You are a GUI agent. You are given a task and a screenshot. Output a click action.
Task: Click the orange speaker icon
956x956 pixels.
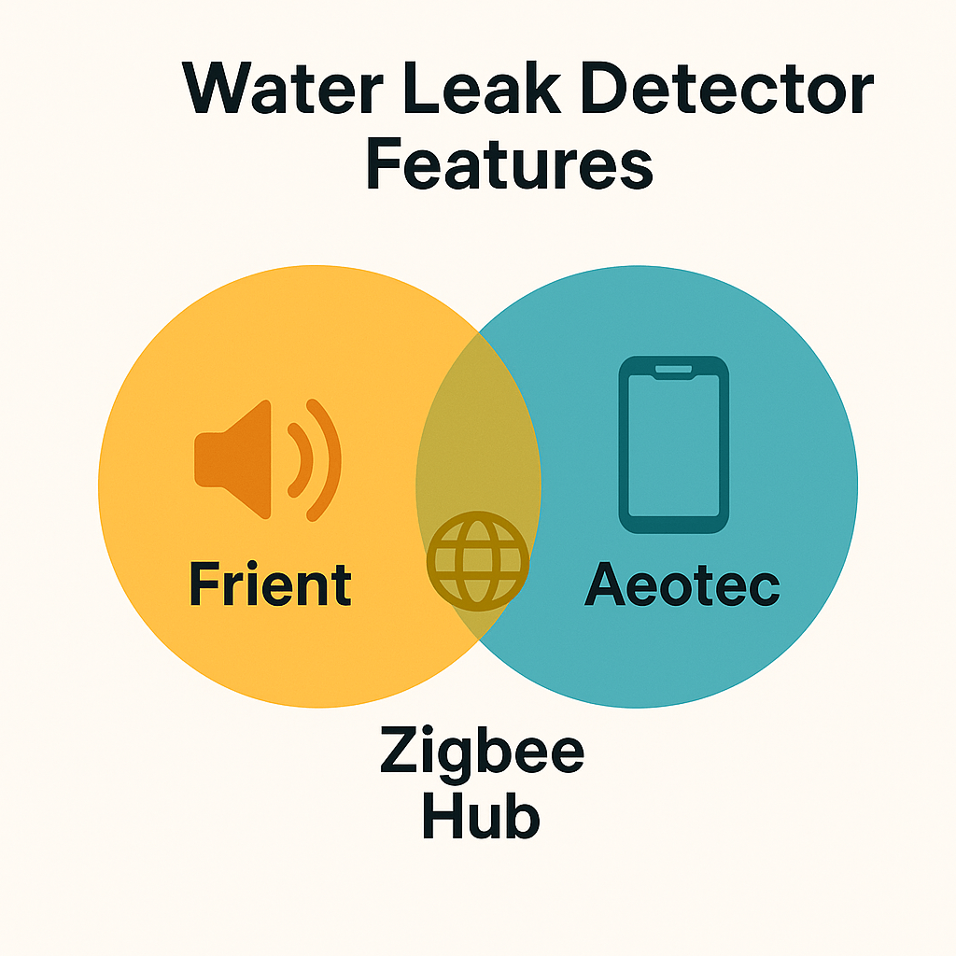[266, 459]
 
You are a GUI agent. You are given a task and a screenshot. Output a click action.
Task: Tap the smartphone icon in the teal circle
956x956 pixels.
[674, 444]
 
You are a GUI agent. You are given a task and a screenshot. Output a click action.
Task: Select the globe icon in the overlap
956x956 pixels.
[477, 561]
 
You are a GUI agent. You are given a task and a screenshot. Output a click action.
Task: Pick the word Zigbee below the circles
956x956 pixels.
[482, 753]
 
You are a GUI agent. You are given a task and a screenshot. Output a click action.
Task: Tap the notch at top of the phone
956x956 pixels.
[674, 372]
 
